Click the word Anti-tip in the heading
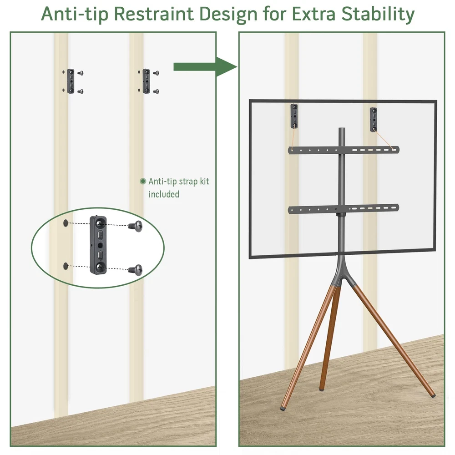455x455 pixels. [x=75, y=14]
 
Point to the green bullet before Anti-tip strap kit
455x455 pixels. [x=143, y=182]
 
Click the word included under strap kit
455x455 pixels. [x=164, y=194]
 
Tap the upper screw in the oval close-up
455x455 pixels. [x=136, y=226]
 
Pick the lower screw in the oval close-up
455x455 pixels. [x=136, y=270]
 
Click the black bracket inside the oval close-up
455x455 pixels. [x=98, y=245]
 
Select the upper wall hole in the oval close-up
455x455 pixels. [x=66, y=223]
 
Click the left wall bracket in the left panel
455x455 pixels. [x=71, y=81]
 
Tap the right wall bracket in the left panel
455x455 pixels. [x=146, y=81]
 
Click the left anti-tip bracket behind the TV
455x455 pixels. [x=294, y=116]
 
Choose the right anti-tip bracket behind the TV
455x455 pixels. [x=374, y=119]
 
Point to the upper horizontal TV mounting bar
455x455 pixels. [x=344, y=150]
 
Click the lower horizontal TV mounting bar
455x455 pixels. [x=344, y=209]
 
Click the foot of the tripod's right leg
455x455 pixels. [x=433, y=395]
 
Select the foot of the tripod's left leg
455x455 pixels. [x=283, y=407]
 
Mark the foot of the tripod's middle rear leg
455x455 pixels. [x=322, y=389]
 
